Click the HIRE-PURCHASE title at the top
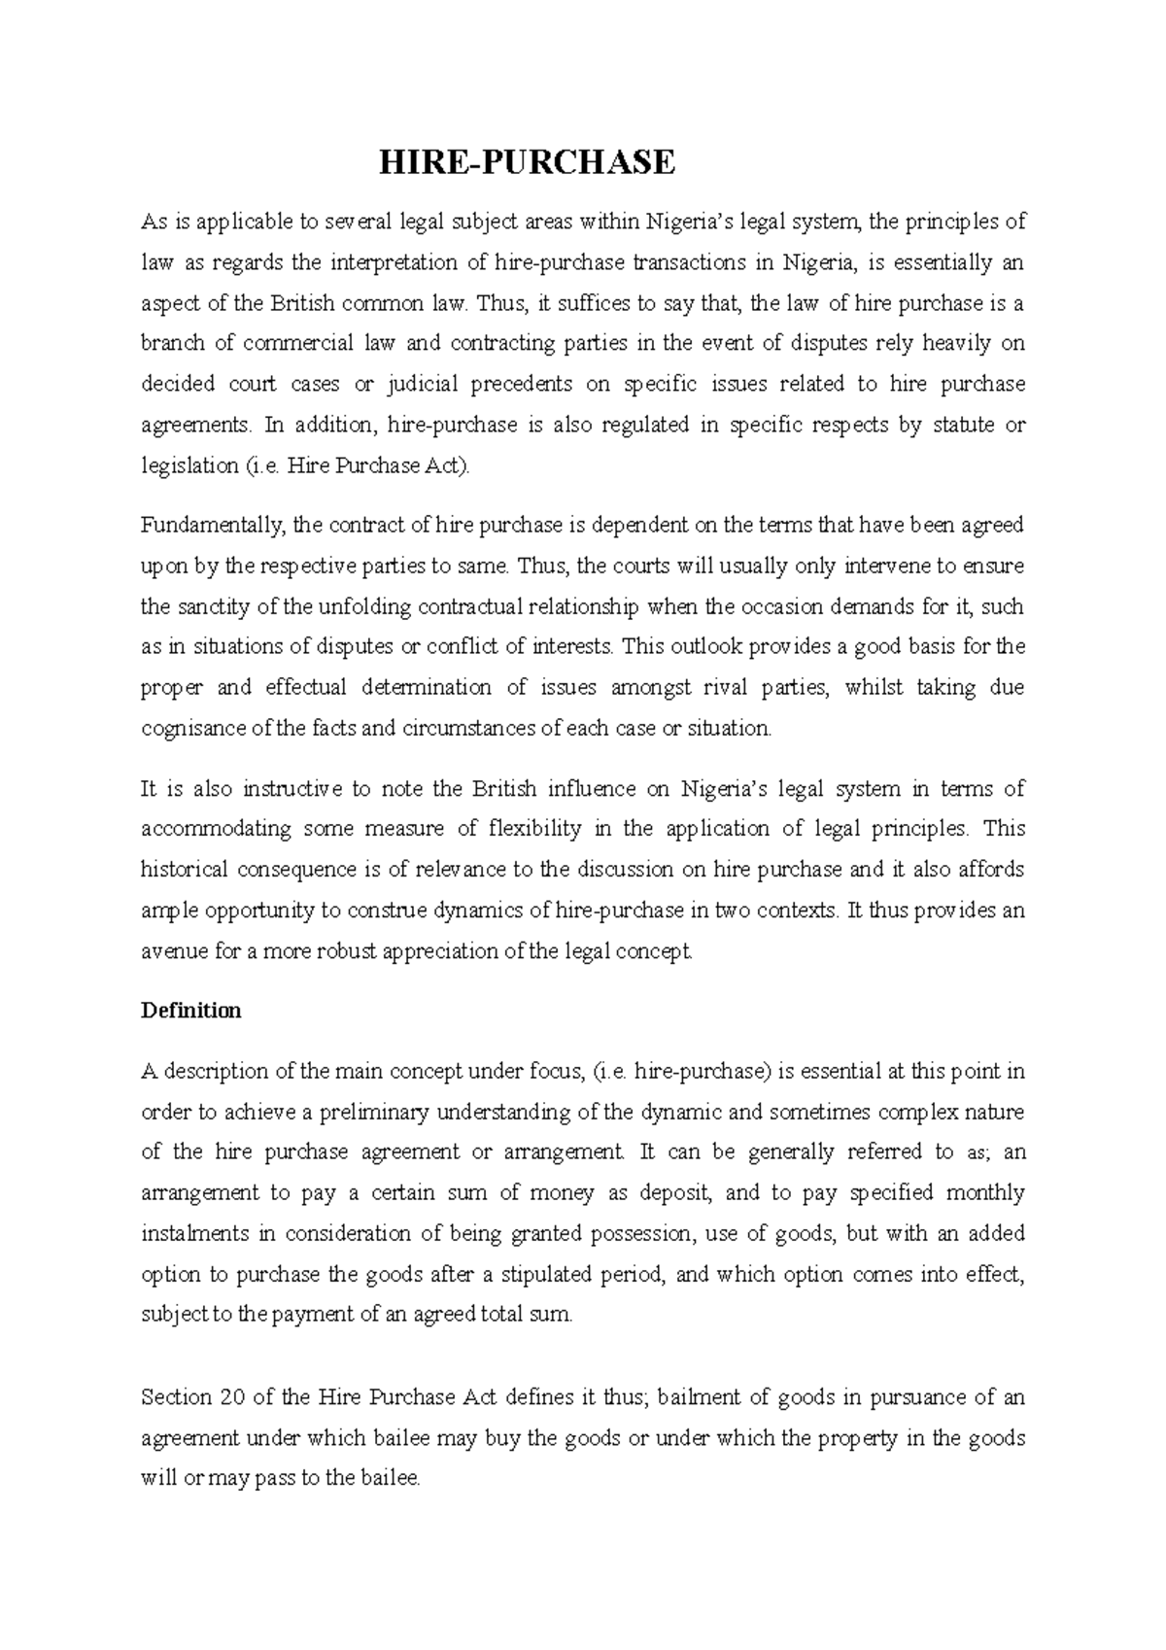point(526,162)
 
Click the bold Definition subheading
point(190,1011)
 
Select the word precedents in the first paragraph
point(522,384)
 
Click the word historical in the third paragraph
point(185,870)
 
